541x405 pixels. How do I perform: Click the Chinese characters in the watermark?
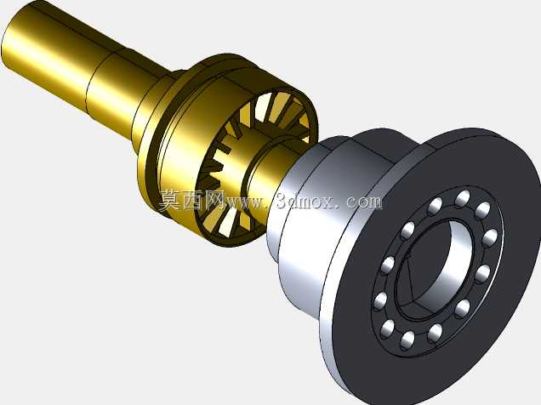191,201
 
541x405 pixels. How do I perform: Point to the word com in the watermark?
364,202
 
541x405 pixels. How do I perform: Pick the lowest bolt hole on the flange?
408,339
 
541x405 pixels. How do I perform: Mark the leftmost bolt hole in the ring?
381,300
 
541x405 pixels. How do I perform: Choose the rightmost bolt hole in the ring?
490,237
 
